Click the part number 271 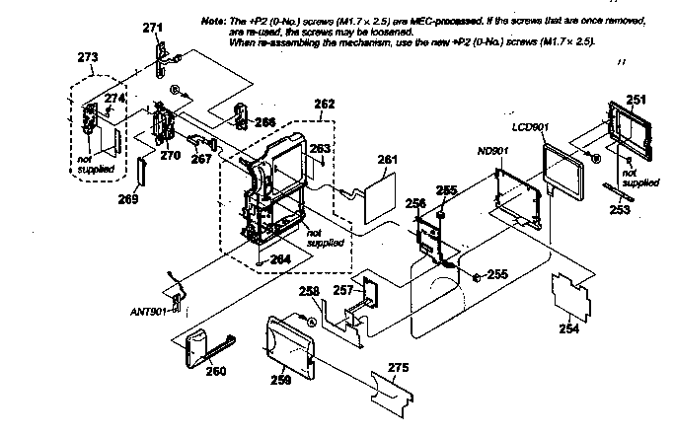click(152, 30)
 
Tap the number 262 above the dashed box click(324, 103)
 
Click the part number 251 click(637, 100)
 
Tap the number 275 click(398, 369)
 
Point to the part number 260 click(215, 371)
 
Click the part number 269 click(128, 197)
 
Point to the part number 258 click(310, 292)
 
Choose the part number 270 click(170, 155)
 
